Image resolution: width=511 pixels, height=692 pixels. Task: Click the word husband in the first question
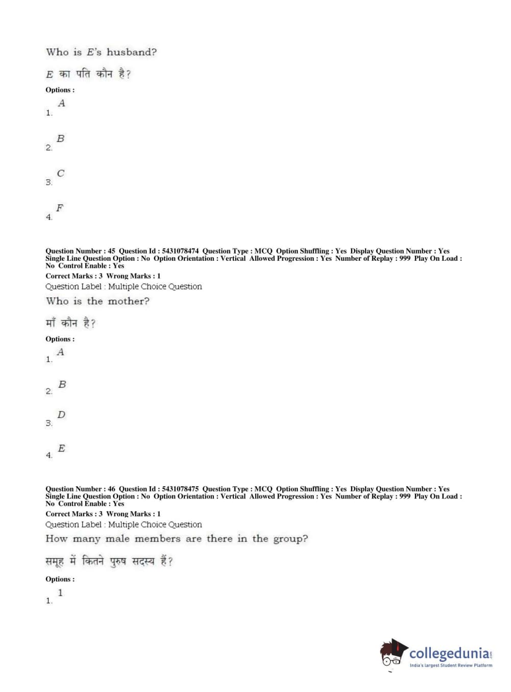coord(131,52)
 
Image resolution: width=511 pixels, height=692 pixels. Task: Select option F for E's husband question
coord(60,208)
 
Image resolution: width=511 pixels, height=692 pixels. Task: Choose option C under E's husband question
coord(60,174)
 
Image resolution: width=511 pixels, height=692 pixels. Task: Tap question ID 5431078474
coord(180,251)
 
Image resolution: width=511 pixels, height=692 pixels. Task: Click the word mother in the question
coord(128,301)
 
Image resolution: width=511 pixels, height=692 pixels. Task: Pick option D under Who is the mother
coord(61,415)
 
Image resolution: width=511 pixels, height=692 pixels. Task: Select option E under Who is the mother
coord(61,449)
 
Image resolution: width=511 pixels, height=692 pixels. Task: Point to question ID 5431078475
coord(180,489)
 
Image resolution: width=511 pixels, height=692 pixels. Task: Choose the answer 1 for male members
coord(60,593)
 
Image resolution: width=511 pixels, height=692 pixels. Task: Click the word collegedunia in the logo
coord(449,653)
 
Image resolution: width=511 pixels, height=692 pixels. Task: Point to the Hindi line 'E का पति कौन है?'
coord(88,74)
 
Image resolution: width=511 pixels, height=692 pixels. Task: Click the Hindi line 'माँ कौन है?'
coord(70,323)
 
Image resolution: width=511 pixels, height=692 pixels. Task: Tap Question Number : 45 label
coord(80,251)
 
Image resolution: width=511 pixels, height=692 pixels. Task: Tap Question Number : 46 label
coord(80,489)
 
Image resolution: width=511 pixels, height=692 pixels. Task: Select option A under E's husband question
coord(61,104)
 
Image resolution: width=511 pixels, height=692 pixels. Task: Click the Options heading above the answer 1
coord(60,579)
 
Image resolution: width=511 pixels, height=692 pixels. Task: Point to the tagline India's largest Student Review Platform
coord(451,665)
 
